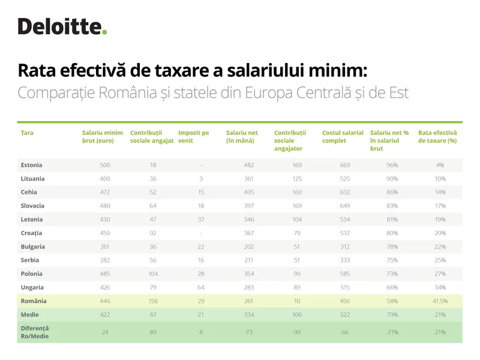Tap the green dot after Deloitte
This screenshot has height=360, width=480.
coord(104,32)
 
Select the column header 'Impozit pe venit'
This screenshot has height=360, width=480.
coord(194,136)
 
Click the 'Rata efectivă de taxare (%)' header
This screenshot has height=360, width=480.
coord(437,136)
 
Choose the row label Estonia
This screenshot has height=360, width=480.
coord(31,165)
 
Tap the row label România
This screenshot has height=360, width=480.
coord(34,301)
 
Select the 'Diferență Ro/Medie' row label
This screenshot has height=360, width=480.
coord(35,332)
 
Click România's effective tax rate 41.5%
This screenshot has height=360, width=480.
coord(440,301)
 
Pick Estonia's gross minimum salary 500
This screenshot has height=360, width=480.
coord(105,165)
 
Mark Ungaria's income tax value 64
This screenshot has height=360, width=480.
coord(201,287)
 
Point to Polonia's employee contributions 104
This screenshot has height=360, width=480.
coord(153,274)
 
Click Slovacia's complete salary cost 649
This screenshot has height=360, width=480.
coord(344,206)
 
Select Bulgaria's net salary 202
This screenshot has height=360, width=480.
coord(248,247)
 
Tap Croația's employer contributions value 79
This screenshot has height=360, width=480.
coord(296,233)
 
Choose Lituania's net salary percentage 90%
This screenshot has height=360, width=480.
coord(392,179)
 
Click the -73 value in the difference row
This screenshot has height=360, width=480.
coord(248,332)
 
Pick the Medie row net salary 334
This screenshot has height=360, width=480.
coord(248,314)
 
